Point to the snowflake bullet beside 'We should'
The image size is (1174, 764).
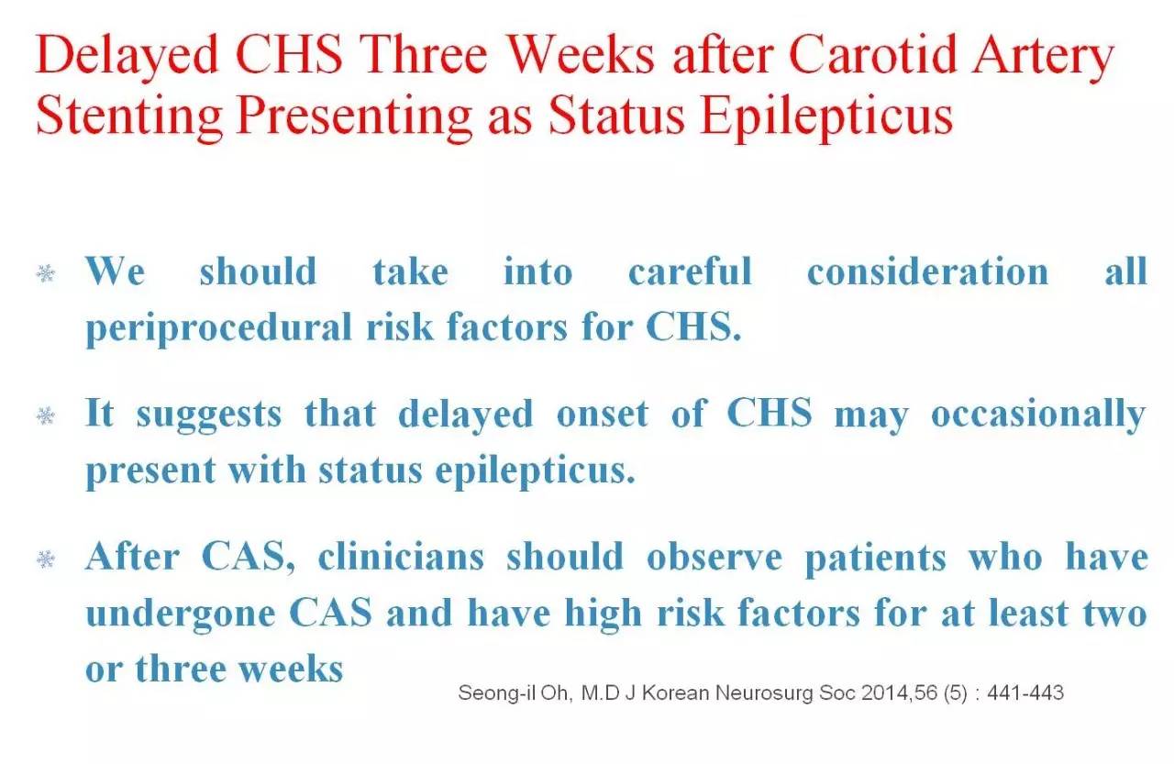pos(46,273)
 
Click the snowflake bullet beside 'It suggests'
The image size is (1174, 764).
pos(46,415)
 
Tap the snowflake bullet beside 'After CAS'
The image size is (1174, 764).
pos(46,559)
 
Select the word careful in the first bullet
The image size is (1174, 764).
pos(691,271)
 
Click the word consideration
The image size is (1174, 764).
pos(927,271)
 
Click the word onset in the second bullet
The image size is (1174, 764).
pos(603,415)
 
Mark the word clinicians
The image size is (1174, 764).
pos(401,557)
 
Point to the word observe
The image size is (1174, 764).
pos(714,557)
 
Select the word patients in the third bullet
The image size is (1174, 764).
pos(876,559)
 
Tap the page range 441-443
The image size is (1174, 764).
pos(1025,692)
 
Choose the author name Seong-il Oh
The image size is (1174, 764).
pos(514,693)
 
